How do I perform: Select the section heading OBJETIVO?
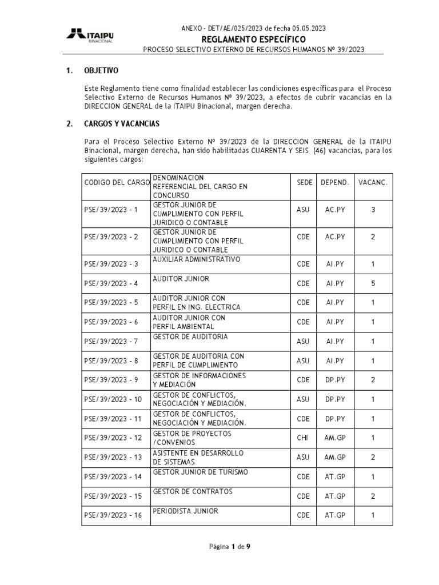click(x=101, y=71)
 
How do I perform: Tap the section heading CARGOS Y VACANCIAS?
click(x=122, y=123)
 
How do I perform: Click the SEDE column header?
click(x=305, y=182)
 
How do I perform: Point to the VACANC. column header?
click(x=373, y=182)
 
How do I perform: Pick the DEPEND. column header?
click(x=335, y=182)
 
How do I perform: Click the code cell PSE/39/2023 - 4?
click(x=111, y=283)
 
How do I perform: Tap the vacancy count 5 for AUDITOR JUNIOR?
click(x=373, y=283)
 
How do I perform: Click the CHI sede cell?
click(x=303, y=438)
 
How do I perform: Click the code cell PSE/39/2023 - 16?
click(x=113, y=515)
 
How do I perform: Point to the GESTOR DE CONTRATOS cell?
click(x=184, y=491)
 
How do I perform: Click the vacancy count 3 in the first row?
click(x=373, y=210)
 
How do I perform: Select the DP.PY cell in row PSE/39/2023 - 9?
click(x=335, y=380)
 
